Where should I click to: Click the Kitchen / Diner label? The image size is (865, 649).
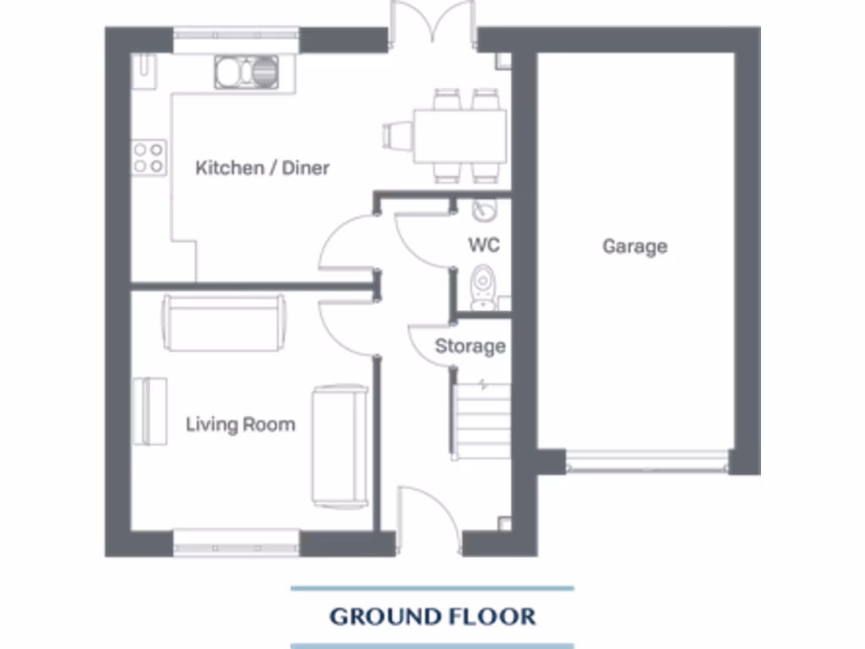[262, 168]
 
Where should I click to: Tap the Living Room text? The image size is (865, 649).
[241, 424]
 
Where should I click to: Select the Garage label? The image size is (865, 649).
[634, 247]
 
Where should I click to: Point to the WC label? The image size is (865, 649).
[484, 245]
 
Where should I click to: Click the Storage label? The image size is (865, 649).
[471, 346]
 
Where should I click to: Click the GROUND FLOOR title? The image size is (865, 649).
[432, 616]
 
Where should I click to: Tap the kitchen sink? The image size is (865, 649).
[246, 71]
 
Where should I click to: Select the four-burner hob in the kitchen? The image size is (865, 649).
[149, 157]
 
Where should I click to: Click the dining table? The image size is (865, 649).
[460, 135]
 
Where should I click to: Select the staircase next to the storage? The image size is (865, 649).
[482, 419]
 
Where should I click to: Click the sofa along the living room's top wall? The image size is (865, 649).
[224, 323]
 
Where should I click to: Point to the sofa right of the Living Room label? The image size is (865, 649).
[340, 446]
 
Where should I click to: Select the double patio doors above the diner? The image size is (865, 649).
[432, 24]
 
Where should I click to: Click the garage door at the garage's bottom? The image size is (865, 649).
[647, 462]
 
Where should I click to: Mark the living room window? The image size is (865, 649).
[237, 543]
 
